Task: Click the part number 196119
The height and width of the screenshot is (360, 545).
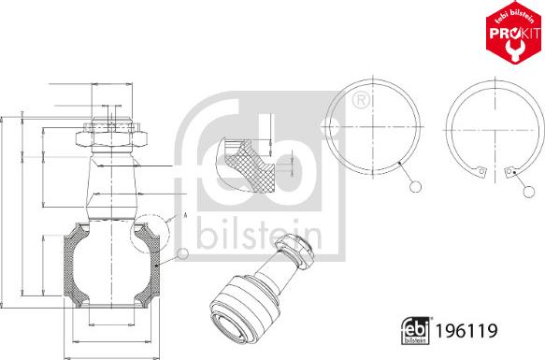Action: [x=466, y=331]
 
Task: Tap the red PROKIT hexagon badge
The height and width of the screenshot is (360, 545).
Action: [x=515, y=32]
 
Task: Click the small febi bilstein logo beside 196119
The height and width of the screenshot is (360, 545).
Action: [x=415, y=331]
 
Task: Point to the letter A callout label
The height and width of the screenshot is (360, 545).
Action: [x=185, y=215]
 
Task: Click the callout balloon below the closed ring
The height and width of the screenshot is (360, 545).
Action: [x=415, y=187]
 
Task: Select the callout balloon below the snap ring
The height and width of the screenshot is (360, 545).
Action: [x=529, y=192]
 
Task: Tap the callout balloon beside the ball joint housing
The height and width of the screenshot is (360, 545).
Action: [x=182, y=254]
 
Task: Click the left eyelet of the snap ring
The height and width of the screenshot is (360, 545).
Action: [x=480, y=171]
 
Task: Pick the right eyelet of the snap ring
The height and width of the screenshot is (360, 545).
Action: [x=509, y=171]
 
